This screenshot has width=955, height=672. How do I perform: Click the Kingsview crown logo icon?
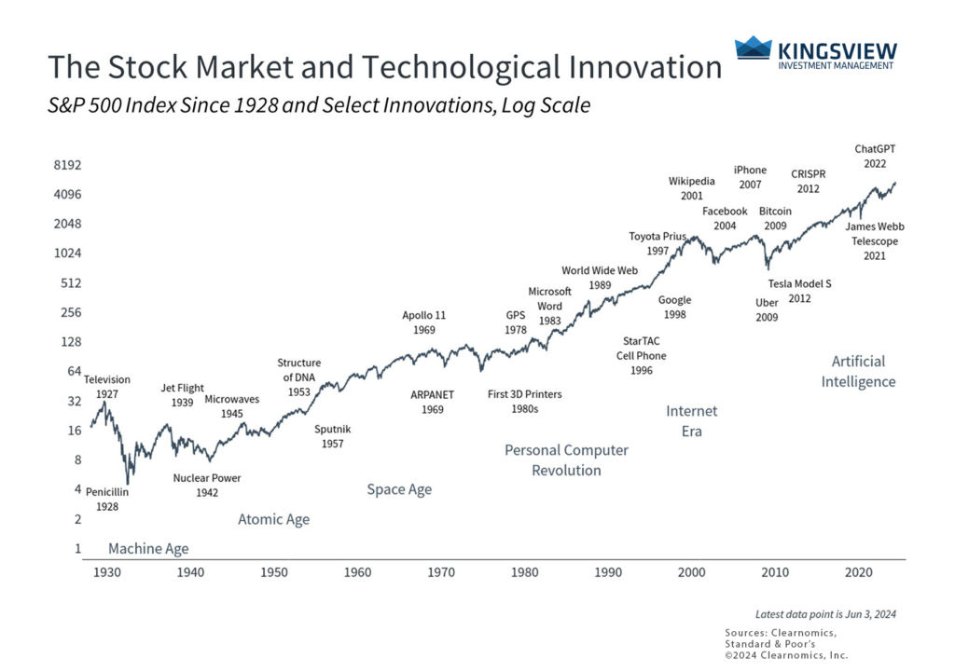[x=753, y=48]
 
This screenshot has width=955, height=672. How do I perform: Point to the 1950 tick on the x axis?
[x=273, y=571]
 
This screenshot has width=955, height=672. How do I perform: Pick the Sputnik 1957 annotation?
[x=333, y=436]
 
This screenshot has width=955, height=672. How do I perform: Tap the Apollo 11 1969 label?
[x=423, y=322]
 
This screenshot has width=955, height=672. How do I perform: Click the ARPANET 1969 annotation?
[x=432, y=402]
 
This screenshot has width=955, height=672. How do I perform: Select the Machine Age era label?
[x=148, y=549]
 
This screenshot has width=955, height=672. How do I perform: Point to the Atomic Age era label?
[x=273, y=519]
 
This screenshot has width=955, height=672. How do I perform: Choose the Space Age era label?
[x=399, y=489]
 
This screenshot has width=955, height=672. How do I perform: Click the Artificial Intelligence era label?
[x=858, y=371]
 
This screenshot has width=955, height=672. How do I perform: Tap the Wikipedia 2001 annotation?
[x=691, y=188]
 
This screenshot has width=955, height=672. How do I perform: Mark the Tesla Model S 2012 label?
[x=799, y=291]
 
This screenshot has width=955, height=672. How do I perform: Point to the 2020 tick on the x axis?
[x=859, y=571]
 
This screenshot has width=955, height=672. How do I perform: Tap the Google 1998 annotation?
[x=674, y=308]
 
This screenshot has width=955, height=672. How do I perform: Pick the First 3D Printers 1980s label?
[x=526, y=402]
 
